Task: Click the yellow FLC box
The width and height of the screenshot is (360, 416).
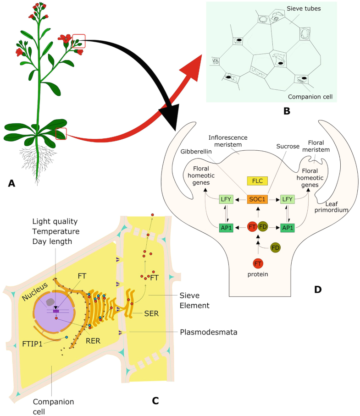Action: pos(257,181)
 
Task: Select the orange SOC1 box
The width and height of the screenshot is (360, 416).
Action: pos(257,200)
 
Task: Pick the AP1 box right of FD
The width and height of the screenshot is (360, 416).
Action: pos(287,227)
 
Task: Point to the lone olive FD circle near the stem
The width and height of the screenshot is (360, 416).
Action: pos(275,247)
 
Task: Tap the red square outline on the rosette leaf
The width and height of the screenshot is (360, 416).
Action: pos(61,134)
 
